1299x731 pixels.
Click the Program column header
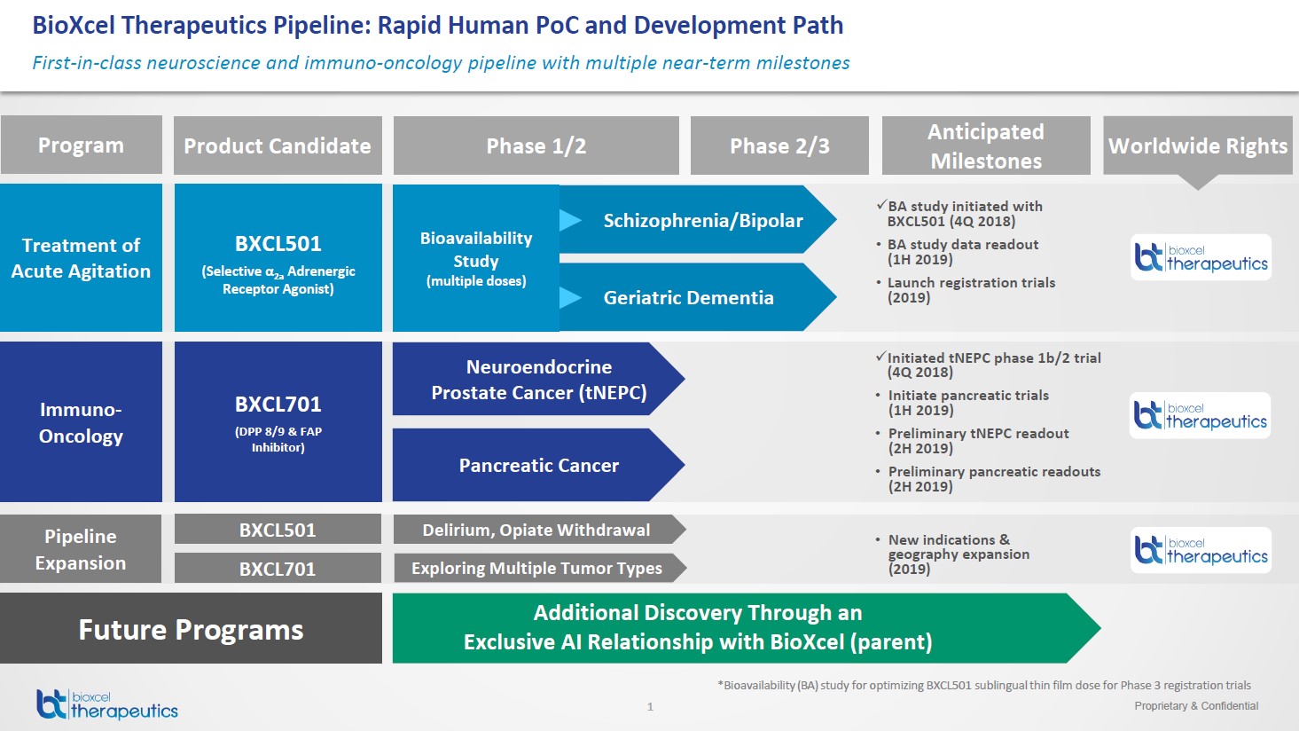(81, 145)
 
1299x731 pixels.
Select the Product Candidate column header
(278, 145)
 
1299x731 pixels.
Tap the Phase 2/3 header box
(779, 145)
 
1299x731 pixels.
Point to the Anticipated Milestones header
(986, 145)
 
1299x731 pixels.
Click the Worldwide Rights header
(1197, 145)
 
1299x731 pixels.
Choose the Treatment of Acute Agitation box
(81, 257)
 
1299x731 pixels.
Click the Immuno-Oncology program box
(81, 422)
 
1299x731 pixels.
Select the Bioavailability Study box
(476, 258)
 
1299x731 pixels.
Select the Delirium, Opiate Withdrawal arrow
(536, 530)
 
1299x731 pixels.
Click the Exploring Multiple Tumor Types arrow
(536, 568)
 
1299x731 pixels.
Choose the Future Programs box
(191, 629)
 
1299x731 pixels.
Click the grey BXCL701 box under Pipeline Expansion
(278, 569)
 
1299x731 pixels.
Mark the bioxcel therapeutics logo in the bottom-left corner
(107, 704)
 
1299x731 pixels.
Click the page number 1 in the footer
(650, 707)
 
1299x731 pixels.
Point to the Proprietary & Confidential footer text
(1196, 706)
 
